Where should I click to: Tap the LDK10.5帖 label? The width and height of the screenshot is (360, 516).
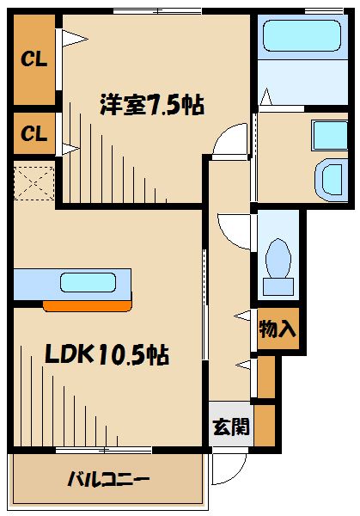coord(94,353)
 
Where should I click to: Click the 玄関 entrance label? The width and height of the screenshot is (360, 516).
coord(230,424)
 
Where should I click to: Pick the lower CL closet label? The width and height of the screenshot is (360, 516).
coord(34,133)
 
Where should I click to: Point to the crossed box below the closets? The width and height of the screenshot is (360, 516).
coord(34,182)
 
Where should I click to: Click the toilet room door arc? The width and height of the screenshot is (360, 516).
coord(233,225)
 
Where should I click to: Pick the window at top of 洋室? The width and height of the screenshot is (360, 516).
coord(157,10)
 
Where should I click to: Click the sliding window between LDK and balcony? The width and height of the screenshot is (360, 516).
coord(104,450)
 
